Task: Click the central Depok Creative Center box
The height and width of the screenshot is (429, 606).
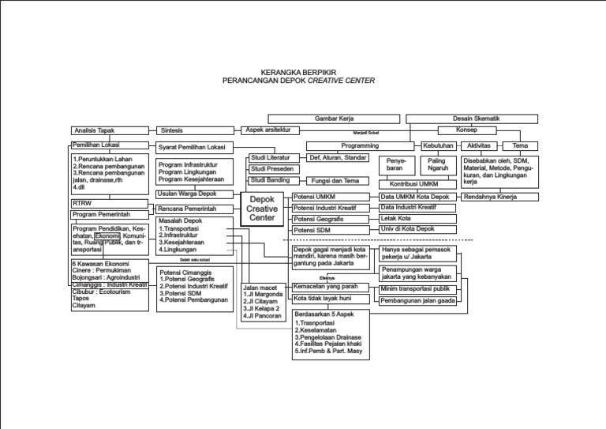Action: click(x=262, y=209)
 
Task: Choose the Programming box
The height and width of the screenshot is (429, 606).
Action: click(x=360, y=146)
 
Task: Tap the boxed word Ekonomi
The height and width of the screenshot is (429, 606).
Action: click(x=107, y=235)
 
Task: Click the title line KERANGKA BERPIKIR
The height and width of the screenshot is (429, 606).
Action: click(x=298, y=70)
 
